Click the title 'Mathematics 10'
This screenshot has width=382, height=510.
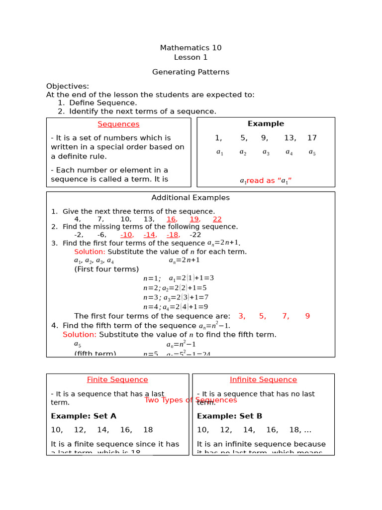tap(191, 48)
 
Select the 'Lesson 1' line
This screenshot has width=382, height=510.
tap(191, 57)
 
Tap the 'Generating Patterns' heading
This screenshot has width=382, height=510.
tap(191, 72)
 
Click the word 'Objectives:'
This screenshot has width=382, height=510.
tap(68, 86)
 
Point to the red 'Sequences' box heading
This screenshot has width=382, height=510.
tap(118, 124)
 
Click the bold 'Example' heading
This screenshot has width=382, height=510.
tap(266, 124)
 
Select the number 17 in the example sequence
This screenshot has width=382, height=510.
tap(312, 138)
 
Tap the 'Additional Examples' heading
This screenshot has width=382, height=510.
tap(191, 198)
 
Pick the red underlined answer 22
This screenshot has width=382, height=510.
tap(217, 219)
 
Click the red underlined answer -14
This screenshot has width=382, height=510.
tap(150, 235)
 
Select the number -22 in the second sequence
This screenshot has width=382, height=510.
tap(195, 235)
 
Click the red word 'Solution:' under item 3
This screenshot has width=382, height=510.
tap(90, 252)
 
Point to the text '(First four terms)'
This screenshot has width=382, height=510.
tap(106, 269)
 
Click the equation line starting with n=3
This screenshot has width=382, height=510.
tap(176, 297)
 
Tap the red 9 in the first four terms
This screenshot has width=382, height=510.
tap(307, 316)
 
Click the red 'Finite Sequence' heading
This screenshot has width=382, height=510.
tap(117, 380)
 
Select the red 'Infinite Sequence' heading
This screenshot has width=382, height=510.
tap(263, 380)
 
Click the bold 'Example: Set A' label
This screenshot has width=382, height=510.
tap(84, 416)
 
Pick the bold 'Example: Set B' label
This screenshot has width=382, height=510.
tap(229, 416)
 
